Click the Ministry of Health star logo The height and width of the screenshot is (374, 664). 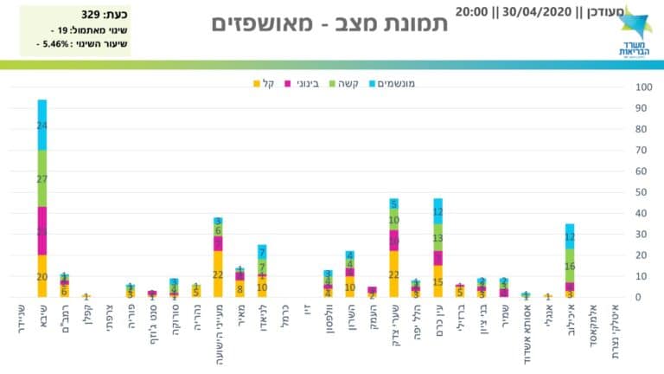click(634, 21)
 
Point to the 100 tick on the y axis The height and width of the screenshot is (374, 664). click(643, 87)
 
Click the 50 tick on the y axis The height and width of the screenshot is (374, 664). click(643, 192)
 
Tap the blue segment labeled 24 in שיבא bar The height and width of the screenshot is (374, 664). click(42, 125)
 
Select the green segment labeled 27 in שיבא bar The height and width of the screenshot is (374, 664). click(42, 178)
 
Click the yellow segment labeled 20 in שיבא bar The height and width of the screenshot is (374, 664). click(42, 276)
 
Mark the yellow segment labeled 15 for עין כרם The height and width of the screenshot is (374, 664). click(438, 281)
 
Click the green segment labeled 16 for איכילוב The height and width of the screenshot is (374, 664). click(569, 266)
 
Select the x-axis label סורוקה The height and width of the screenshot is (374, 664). click(174, 324)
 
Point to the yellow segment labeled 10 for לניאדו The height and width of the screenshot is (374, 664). click(262, 287)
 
